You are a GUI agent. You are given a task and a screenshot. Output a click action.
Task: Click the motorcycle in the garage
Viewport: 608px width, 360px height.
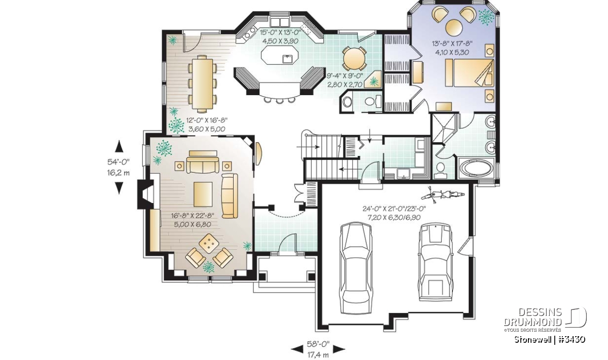443,194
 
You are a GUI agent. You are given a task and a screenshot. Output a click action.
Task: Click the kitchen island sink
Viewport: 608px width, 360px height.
287,59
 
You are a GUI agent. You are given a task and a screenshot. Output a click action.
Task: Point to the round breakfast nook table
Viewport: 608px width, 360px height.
355,59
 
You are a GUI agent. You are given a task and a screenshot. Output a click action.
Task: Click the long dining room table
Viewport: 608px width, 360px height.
202,84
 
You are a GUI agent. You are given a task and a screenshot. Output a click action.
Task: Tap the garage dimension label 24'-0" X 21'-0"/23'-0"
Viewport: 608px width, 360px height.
394,209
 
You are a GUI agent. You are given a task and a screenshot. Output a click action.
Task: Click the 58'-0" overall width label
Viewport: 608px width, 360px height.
318,344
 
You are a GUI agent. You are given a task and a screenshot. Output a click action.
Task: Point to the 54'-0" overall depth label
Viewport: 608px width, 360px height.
119,162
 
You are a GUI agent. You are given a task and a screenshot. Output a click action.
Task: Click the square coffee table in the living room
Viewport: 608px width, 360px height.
203,194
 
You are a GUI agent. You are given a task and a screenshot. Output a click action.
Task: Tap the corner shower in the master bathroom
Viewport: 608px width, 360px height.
443,128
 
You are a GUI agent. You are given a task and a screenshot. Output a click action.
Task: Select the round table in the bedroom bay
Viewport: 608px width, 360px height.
454,28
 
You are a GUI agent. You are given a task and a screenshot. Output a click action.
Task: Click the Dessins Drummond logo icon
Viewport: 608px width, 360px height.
576,317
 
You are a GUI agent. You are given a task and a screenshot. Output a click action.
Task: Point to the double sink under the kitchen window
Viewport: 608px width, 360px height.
280,21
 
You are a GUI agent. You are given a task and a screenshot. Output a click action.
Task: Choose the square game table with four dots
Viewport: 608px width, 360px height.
209,244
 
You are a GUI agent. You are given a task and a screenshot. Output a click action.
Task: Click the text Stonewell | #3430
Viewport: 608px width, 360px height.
550,339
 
